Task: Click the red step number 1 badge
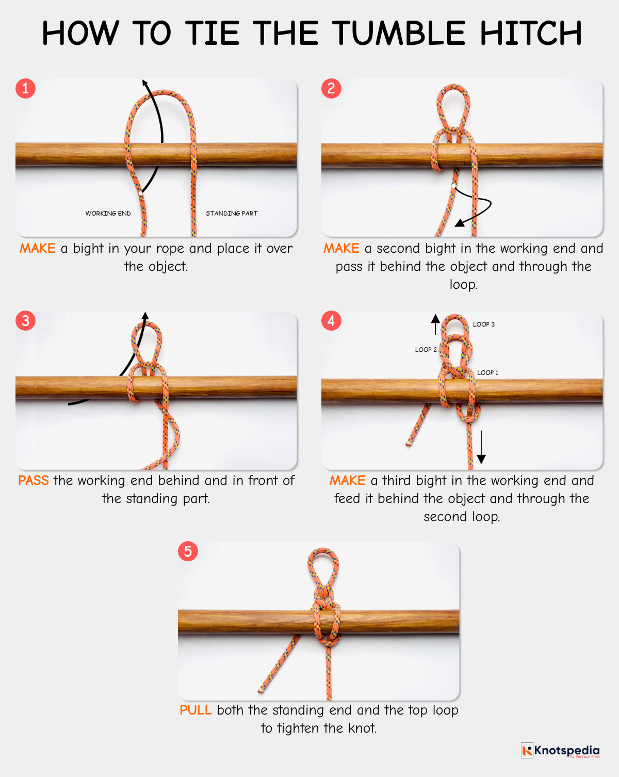point(25,88)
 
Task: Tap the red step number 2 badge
point(331,88)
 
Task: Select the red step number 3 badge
point(25,321)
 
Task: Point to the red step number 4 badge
point(331,321)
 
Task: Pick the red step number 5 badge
point(188,551)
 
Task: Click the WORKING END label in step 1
point(108,213)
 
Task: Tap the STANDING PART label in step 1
point(232,213)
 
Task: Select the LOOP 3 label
point(484,325)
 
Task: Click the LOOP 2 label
point(426,350)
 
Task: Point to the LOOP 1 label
point(487,373)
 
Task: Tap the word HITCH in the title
point(531,34)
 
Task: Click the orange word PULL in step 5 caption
point(196,710)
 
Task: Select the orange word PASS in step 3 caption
point(34,481)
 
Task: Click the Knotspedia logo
point(561,750)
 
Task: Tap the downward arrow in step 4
point(481,447)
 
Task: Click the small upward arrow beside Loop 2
point(436,325)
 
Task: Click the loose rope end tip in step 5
point(262,690)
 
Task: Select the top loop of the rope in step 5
point(323,562)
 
